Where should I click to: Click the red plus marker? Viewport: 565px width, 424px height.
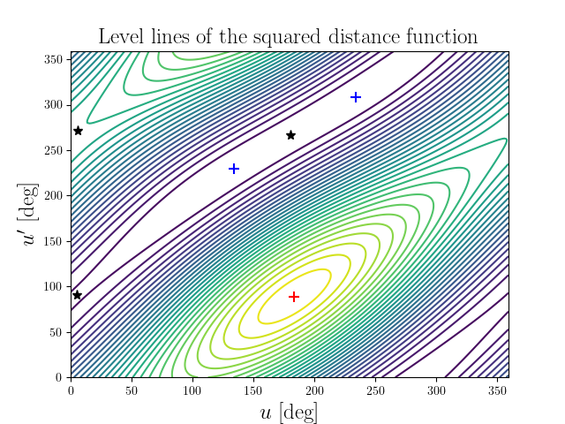[x=294, y=297]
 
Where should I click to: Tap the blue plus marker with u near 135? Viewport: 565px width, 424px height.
[x=234, y=169]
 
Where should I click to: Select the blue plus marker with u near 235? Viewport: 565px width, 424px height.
[x=356, y=97]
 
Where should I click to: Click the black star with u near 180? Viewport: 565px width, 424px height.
[x=290, y=135]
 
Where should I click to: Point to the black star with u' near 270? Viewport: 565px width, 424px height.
[x=78, y=131]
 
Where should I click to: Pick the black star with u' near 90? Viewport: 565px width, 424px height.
[x=77, y=295]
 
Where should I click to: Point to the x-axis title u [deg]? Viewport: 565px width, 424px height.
[x=290, y=412]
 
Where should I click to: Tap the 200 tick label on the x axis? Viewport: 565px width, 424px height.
[x=314, y=389]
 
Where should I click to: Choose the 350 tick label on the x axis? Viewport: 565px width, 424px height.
[x=497, y=389]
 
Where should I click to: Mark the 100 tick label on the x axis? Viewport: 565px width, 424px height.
[x=192, y=389]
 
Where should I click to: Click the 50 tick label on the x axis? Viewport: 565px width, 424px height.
[x=132, y=389]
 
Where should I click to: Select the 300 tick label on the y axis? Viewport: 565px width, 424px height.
[x=53, y=105]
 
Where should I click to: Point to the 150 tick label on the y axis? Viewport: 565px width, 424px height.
[x=53, y=241]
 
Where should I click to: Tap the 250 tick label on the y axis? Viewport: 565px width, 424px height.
[x=53, y=150]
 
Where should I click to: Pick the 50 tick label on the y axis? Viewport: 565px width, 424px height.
[x=56, y=332]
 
